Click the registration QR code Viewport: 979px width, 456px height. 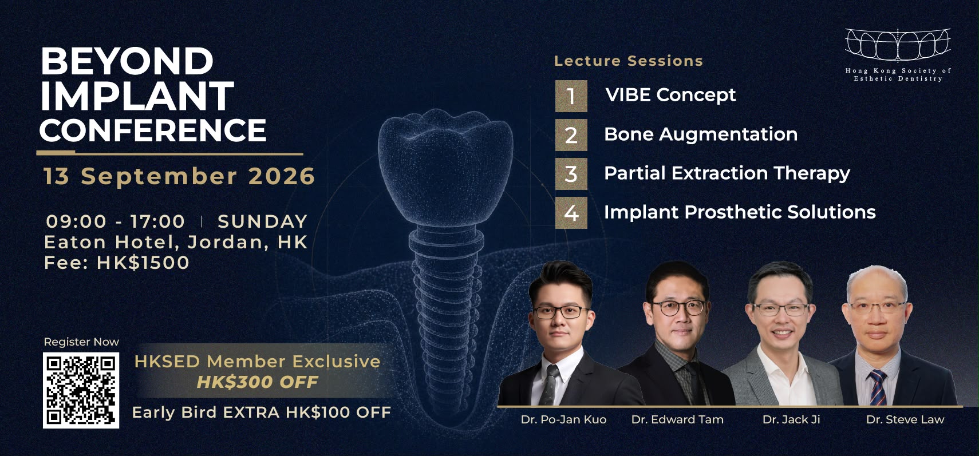click(81, 390)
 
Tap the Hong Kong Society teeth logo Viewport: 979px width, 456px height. click(898, 45)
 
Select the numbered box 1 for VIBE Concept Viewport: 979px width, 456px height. click(571, 96)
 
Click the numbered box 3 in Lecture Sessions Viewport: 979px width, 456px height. click(571, 174)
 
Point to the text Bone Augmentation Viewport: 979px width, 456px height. click(701, 134)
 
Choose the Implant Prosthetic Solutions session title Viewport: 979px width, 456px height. click(740, 212)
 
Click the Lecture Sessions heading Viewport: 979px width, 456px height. click(629, 61)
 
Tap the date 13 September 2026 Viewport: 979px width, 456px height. click(179, 176)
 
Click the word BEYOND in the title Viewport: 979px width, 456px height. click(127, 61)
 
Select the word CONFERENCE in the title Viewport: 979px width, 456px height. click(153, 130)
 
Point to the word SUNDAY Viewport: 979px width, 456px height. click(263, 221)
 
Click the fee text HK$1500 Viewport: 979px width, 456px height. click(143, 263)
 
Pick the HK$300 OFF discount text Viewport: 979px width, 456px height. click(258, 382)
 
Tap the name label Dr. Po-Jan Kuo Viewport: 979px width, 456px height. click(563, 419)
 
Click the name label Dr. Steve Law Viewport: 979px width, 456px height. click(905, 419)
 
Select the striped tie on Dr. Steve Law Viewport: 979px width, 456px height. click(878, 387)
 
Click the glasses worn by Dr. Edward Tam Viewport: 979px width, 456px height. click(678, 307)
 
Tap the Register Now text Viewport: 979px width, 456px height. click(81, 342)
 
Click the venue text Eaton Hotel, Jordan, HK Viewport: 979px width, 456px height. click(176, 242)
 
